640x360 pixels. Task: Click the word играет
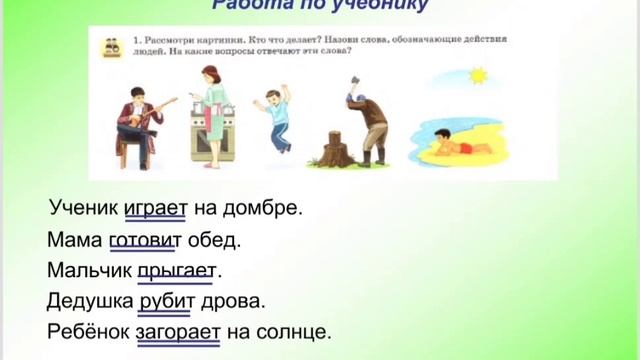[156, 208]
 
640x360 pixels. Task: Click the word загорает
[177, 331]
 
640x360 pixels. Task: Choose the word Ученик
[84, 208]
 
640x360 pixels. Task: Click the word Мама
[73, 240]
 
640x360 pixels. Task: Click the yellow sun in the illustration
[477, 75]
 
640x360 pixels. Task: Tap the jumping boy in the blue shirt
[277, 115]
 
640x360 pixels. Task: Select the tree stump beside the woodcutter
[333, 150]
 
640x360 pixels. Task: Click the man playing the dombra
[139, 122]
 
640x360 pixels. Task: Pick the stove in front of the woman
[213, 138]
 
